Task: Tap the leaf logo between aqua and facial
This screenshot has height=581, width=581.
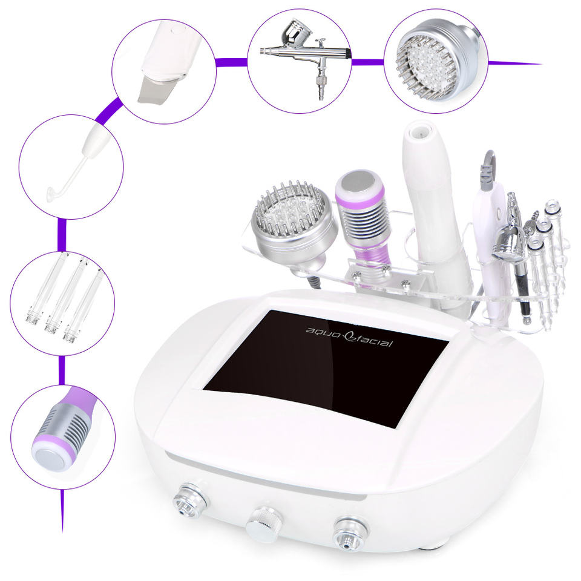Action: (347, 336)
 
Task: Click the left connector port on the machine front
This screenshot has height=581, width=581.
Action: (191, 501)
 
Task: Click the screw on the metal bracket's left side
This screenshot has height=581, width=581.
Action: (356, 274)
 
